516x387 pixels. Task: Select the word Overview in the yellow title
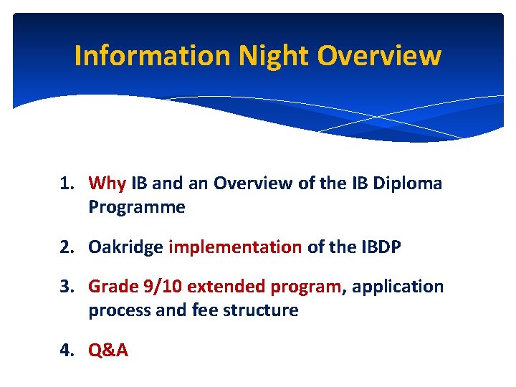coord(380,56)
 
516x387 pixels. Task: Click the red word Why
coord(107,183)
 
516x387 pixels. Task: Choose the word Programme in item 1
coord(137,208)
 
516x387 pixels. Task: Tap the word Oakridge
coord(125,248)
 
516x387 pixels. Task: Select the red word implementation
coord(235,248)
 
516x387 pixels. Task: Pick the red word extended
coord(221,287)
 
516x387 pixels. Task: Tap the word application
coord(398,287)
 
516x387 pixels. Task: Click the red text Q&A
coord(108,351)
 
